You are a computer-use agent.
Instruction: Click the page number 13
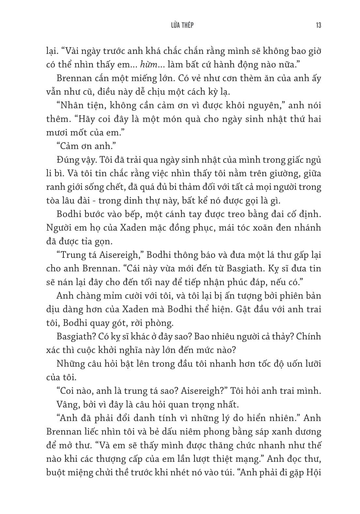[x=318, y=25]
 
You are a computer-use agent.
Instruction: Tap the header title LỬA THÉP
[x=180, y=25]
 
